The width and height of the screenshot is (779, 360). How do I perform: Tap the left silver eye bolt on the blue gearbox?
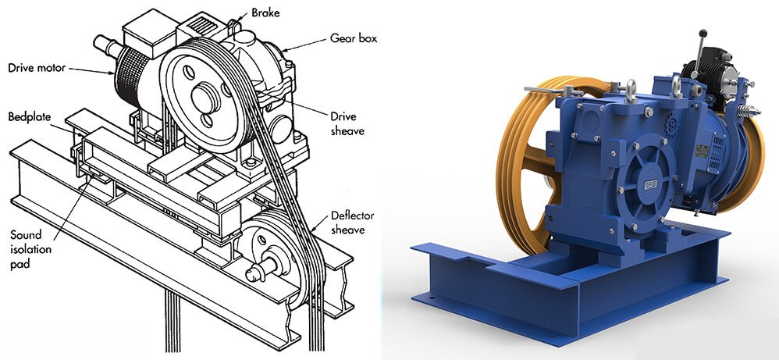point(630,91)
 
